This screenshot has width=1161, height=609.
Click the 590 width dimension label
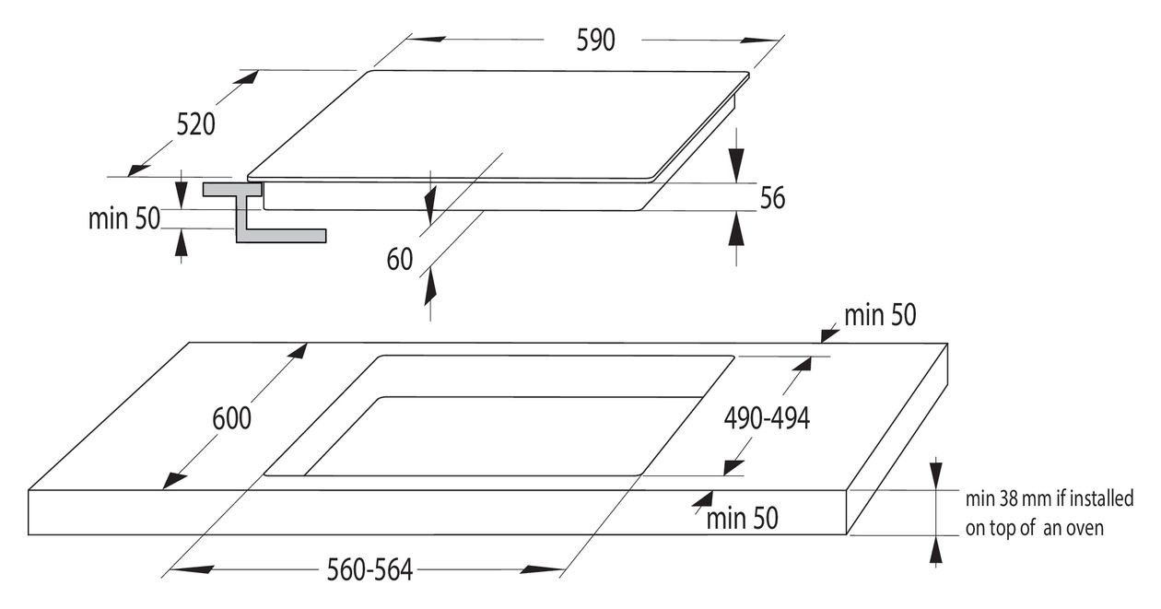coord(595,41)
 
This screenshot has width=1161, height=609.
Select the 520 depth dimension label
coord(195,125)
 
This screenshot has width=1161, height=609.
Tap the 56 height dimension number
coord(772,198)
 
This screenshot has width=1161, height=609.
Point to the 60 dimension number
coord(400,259)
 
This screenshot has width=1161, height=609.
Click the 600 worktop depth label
coord(231,418)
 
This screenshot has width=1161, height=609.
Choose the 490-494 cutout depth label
coord(767,418)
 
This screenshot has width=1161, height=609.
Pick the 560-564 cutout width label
coord(369,569)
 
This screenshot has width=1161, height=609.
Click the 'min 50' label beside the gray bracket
coord(123,218)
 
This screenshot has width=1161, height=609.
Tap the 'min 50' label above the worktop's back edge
coord(880,314)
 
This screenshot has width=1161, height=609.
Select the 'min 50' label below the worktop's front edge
coord(743,518)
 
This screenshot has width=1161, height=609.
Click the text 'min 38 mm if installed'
coord(1049,498)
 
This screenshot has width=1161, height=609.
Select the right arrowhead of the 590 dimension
coord(760,40)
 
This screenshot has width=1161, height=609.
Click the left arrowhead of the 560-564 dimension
coord(192,569)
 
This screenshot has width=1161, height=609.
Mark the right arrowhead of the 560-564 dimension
coord(542,569)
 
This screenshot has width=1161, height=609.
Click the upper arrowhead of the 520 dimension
coord(245,77)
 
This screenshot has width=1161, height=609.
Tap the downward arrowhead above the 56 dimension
coord(736,165)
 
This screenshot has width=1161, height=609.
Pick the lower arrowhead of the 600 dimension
coord(175,481)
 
